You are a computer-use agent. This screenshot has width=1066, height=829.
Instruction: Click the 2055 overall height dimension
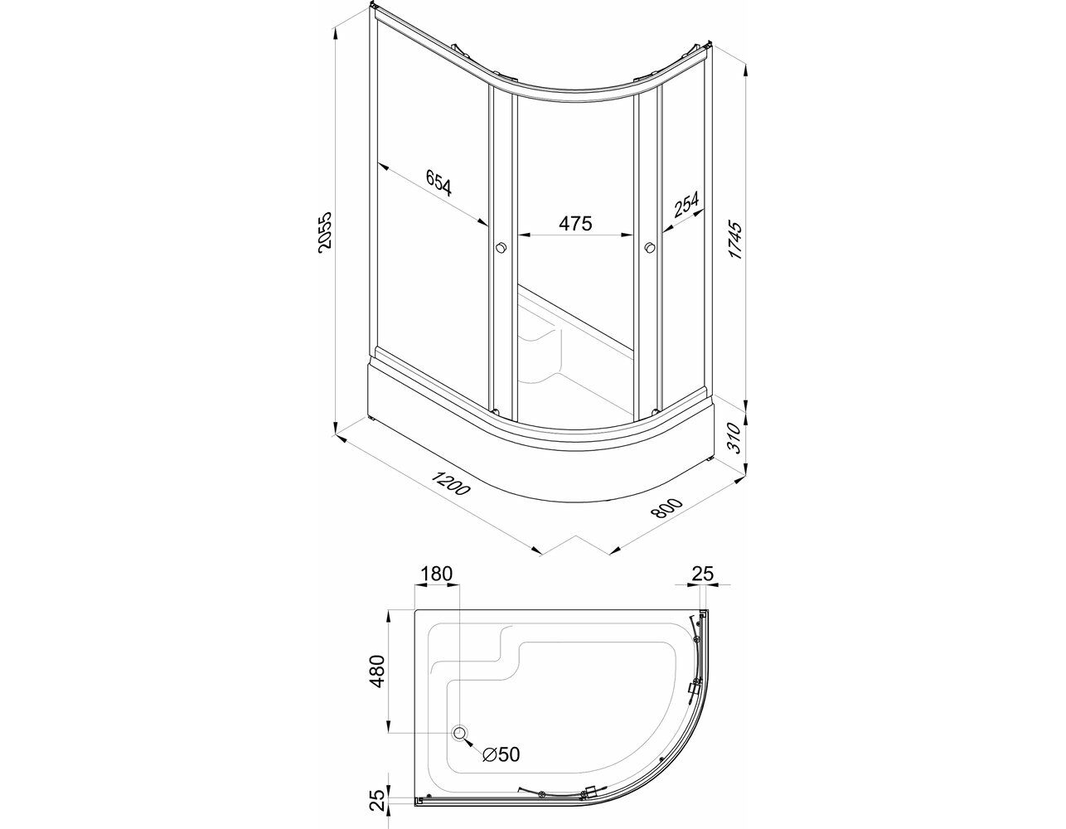click(x=325, y=232)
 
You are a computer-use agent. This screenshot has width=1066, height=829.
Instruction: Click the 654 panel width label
click(x=438, y=182)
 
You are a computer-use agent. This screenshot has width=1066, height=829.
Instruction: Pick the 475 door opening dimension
click(x=575, y=223)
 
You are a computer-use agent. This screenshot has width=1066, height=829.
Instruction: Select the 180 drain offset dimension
click(x=436, y=574)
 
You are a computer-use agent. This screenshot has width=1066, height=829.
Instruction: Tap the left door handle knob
click(x=501, y=248)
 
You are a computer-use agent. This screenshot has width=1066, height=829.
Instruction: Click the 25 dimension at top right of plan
click(x=702, y=574)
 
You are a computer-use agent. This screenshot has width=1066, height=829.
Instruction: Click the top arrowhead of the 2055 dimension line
click(x=336, y=31)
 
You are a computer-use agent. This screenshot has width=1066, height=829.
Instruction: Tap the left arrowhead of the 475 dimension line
click(x=523, y=235)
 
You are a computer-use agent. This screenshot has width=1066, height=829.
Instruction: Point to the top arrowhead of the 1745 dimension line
click(x=747, y=70)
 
